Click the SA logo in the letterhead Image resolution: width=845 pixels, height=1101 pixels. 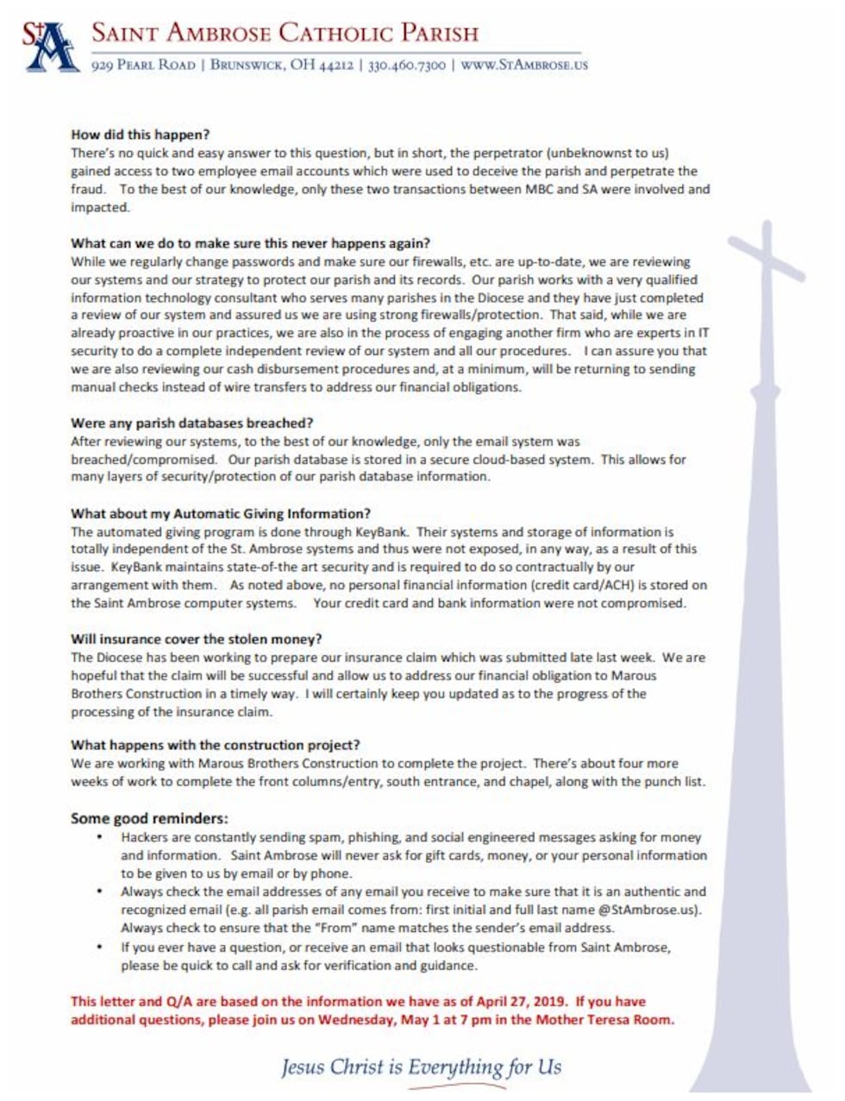click(49, 47)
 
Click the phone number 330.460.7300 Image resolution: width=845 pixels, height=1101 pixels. click(407, 66)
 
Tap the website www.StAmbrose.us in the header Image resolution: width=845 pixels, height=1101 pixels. click(524, 66)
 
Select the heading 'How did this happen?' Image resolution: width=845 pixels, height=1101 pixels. click(140, 134)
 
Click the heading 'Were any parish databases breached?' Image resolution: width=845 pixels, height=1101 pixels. click(191, 423)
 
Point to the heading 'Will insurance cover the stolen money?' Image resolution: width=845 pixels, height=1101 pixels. click(196, 639)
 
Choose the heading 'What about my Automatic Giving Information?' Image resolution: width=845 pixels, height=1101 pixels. click(221, 514)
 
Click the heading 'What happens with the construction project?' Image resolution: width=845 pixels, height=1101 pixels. click(215, 745)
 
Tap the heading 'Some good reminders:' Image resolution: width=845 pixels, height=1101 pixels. click(149, 818)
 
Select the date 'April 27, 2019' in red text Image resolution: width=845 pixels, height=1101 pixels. click(524, 1002)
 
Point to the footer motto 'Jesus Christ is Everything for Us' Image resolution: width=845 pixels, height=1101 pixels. click(421, 1067)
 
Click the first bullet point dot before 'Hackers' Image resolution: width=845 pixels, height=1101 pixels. click(101, 837)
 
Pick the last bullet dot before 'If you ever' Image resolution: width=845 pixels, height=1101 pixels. click(101, 947)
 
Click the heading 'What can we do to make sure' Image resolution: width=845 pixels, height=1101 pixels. click(250, 243)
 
